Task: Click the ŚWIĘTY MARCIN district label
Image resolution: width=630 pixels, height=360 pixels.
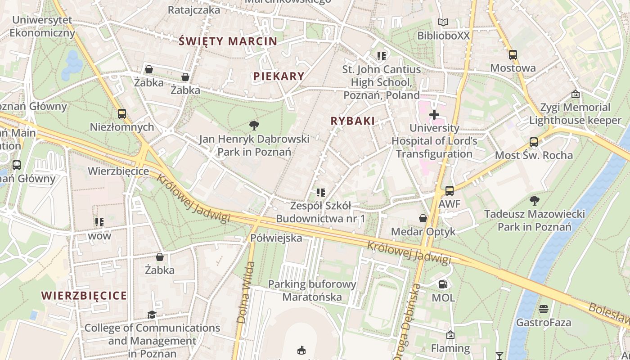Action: pyautogui.click(x=228, y=41)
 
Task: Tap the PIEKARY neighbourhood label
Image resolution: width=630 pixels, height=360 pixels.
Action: pyautogui.click(x=279, y=76)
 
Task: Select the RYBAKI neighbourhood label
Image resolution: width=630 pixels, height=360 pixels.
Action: pyautogui.click(x=352, y=121)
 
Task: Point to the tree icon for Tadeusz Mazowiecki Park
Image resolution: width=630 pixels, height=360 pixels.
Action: pyautogui.click(x=534, y=200)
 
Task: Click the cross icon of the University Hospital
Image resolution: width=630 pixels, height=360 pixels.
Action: pyautogui.click(x=434, y=115)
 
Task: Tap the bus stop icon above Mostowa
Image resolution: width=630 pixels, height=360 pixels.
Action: pyautogui.click(x=513, y=55)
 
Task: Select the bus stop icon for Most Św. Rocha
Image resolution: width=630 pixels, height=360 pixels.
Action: pyautogui.click(x=534, y=142)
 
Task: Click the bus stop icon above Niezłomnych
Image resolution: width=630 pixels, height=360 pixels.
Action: pyautogui.click(x=122, y=114)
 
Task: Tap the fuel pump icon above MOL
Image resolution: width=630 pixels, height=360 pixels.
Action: pyautogui.click(x=443, y=284)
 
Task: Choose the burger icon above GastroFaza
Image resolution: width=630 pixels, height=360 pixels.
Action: pyautogui.click(x=544, y=309)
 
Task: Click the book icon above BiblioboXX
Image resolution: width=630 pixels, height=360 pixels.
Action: pyautogui.click(x=443, y=22)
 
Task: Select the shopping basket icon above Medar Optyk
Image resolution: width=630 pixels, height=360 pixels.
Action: pyautogui.click(x=423, y=218)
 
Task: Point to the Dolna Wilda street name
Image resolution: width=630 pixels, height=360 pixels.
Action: pyautogui.click(x=245, y=292)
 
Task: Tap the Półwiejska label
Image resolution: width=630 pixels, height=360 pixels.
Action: pyautogui.click(x=276, y=238)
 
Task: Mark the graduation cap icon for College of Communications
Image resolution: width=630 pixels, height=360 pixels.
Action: pyautogui.click(x=152, y=315)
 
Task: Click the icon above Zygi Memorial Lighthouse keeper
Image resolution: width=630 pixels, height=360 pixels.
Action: pyautogui.click(x=575, y=94)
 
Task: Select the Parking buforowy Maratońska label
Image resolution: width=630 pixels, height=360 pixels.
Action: pyautogui.click(x=312, y=291)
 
